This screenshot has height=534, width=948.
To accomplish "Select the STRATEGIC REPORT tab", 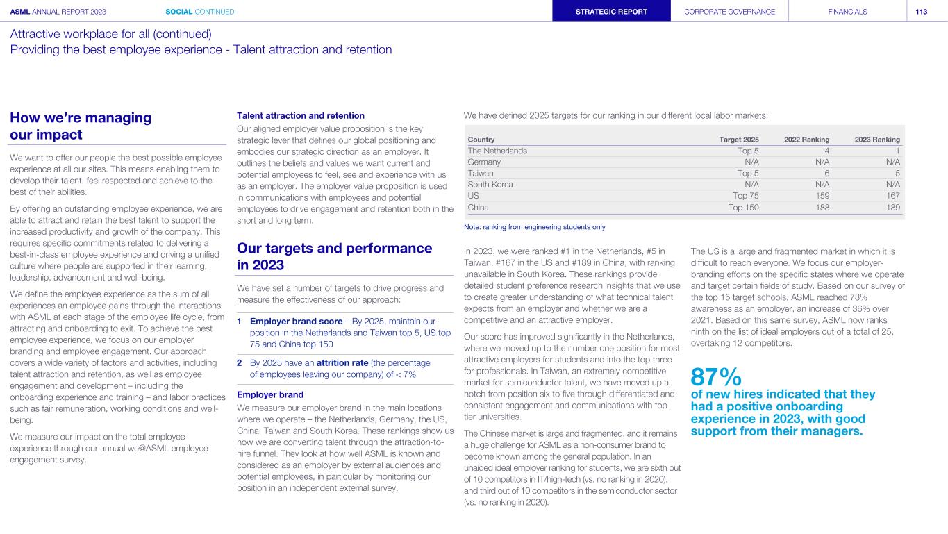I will coord(611,11).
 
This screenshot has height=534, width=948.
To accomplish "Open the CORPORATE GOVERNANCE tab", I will coord(729,11).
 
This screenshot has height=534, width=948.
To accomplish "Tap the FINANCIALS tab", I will coord(847,11).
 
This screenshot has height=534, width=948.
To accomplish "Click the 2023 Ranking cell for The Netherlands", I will coord(897,151).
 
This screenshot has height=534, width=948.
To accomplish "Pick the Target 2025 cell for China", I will coord(743,207).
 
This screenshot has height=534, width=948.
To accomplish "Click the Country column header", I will coord(482,140).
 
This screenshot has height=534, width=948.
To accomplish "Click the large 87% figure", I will coord(715,377).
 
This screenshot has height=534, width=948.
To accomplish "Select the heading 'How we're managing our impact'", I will coord(81,126).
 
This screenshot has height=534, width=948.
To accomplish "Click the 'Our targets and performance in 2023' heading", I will coord(334,256).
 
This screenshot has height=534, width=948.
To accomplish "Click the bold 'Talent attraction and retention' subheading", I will coord(301,115).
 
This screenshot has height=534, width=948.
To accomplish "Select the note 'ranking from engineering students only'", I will coord(534,227).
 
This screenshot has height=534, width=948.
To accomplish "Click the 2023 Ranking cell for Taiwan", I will coord(897,174).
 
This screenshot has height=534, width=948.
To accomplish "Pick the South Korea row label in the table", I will coord(490,185).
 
